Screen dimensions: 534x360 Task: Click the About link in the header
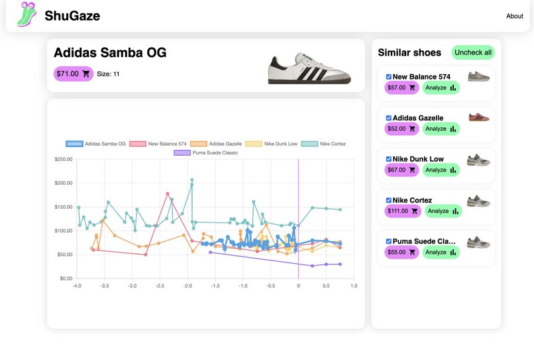(x=514, y=16)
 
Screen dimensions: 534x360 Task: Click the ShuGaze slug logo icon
(x=27, y=14)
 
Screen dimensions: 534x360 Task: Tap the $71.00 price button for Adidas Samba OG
(x=74, y=74)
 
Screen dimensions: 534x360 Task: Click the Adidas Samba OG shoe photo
(x=309, y=68)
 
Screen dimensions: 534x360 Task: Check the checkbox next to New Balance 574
(x=389, y=77)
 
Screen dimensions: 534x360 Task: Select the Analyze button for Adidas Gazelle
(x=441, y=129)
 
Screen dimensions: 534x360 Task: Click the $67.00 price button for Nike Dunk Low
(x=401, y=170)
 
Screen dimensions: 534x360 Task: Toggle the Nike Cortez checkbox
(x=389, y=200)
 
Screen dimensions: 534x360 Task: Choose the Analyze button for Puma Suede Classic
(x=441, y=253)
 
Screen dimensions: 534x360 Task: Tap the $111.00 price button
(x=403, y=211)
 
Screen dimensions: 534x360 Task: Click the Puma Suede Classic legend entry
(x=205, y=152)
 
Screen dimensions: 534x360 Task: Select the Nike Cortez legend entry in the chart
(x=323, y=144)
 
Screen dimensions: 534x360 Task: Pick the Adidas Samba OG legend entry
(x=95, y=144)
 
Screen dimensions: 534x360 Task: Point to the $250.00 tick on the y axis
(x=64, y=159)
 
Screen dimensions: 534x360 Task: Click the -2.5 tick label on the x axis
(x=160, y=286)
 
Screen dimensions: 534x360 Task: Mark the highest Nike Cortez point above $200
(x=192, y=180)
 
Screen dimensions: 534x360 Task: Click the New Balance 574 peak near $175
(x=168, y=194)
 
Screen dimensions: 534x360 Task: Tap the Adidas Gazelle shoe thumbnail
(x=479, y=117)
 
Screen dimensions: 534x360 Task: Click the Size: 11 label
(x=108, y=74)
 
